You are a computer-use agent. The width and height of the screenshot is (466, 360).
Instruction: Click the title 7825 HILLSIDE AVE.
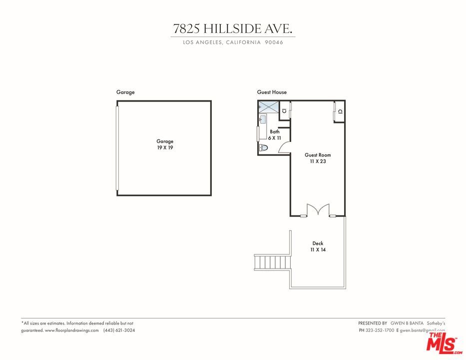(x=233, y=28)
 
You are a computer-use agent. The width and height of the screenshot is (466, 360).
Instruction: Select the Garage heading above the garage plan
(x=125, y=92)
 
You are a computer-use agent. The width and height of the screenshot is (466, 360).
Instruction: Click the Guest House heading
(x=272, y=92)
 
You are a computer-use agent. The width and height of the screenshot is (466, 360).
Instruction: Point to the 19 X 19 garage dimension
(x=164, y=148)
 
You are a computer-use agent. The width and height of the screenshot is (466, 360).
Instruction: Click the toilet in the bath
(x=264, y=147)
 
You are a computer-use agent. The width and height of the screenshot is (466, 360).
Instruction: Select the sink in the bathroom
(x=263, y=119)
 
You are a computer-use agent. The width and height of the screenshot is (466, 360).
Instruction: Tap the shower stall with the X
(x=268, y=106)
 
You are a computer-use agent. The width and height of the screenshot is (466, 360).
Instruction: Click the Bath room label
(x=275, y=132)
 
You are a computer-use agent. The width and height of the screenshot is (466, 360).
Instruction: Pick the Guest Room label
(x=318, y=155)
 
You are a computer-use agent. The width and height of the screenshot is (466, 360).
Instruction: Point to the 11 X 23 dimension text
(x=318, y=161)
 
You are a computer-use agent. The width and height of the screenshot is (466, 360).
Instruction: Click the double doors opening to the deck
(x=318, y=210)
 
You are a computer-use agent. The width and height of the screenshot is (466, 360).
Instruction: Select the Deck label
(x=318, y=243)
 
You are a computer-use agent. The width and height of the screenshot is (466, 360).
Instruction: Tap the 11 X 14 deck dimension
(x=318, y=249)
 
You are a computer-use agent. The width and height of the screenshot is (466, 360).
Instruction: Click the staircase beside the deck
(x=272, y=262)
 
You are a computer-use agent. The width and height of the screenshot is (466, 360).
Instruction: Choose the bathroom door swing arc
(x=284, y=146)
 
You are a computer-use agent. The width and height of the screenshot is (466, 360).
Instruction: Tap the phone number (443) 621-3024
(x=119, y=330)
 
